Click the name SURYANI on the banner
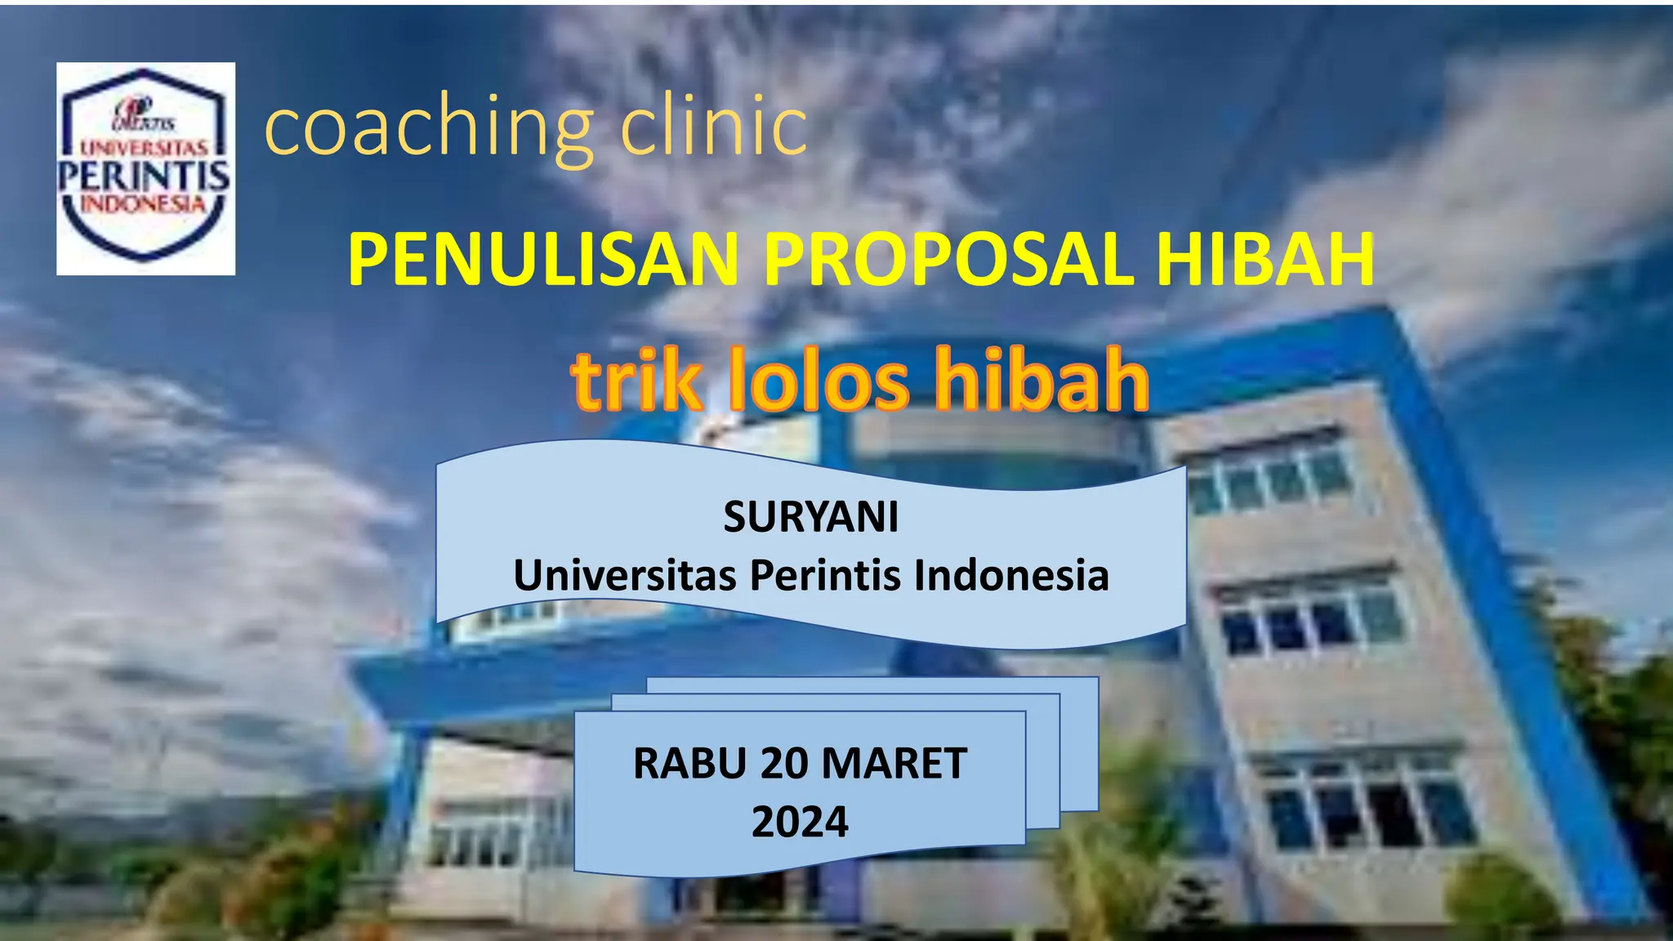coord(810,517)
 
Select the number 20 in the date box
coord(783,764)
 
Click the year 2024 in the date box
coord(800,822)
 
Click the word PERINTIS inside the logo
coord(145,176)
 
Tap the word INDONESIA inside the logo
coord(144,203)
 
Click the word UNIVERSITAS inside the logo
coord(144,148)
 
